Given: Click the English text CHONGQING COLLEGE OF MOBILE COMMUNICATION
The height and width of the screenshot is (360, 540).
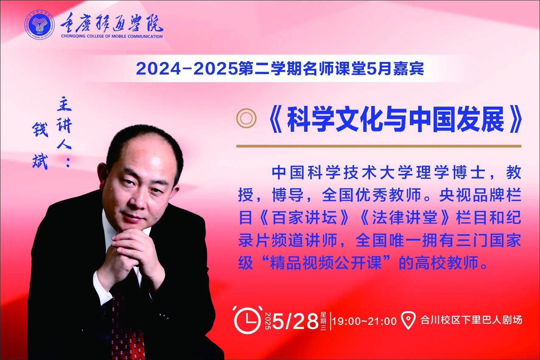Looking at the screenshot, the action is (x=112, y=37).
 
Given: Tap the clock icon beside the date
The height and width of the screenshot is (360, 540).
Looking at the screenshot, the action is (x=248, y=320).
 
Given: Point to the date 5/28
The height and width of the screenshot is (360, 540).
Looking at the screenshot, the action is (x=295, y=321).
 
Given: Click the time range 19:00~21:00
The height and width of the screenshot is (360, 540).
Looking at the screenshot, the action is (x=364, y=321).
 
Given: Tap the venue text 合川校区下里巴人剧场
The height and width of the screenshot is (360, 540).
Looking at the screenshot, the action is (x=471, y=320).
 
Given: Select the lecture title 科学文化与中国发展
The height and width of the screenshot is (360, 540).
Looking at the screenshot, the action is (x=396, y=120).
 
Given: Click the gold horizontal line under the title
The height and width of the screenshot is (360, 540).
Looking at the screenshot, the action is (x=379, y=146).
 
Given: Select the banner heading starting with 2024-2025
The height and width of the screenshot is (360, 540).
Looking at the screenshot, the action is (x=280, y=69).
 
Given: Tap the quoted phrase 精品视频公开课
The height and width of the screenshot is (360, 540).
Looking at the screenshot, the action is (x=326, y=263).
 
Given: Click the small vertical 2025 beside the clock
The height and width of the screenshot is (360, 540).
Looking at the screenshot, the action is (x=268, y=321).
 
